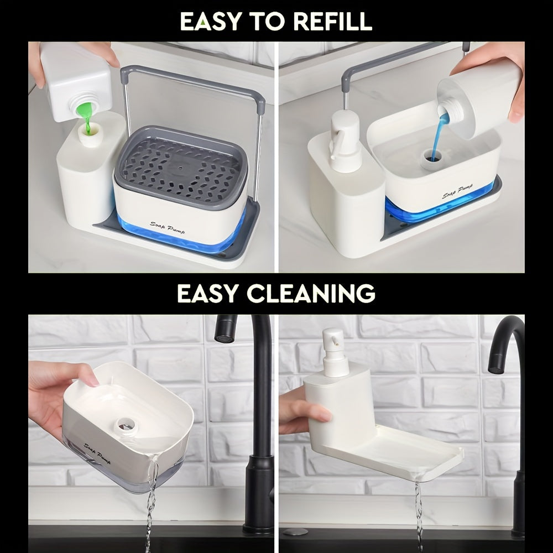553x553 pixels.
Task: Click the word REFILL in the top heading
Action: coord(332,21)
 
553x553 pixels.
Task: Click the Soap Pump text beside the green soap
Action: coord(167,228)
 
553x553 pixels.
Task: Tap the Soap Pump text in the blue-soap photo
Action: coord(457,191)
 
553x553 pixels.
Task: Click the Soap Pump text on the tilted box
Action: coord(97,453)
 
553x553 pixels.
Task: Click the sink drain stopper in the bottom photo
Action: coord(294,531)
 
